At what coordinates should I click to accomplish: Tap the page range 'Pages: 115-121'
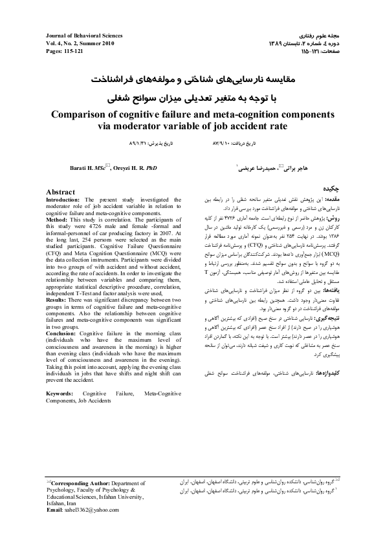click(x=65, y=50)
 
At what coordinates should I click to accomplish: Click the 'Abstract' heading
click(x=61, y=193)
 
